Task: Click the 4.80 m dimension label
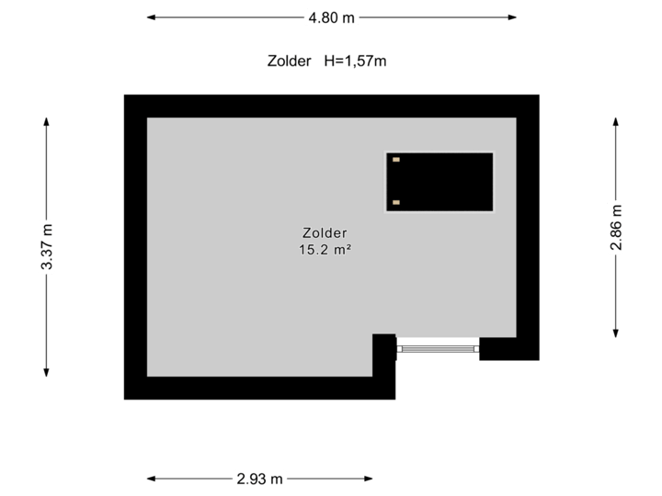pyautogui.click(x=332, y=17)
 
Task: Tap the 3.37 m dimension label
pyautogui.click(x=46, y=246)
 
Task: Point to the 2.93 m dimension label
pyautogui.click(x=261, y=478)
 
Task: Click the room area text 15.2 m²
pyautogui.click(x=324, y=250)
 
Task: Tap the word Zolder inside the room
pyautogui.click(x=324, y=232)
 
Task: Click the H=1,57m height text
pyautogui.click(x=355, y=62)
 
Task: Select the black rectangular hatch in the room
pyautogui.click(x=439, y=181)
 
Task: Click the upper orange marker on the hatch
pyautogui.click(x=396, y=160)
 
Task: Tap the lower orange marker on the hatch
pyautogui.click(x=396, y=202)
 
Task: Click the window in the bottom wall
pyautogui.click(x=438, y=347)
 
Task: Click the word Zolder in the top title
pyautogui.click(x=289, y=62)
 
